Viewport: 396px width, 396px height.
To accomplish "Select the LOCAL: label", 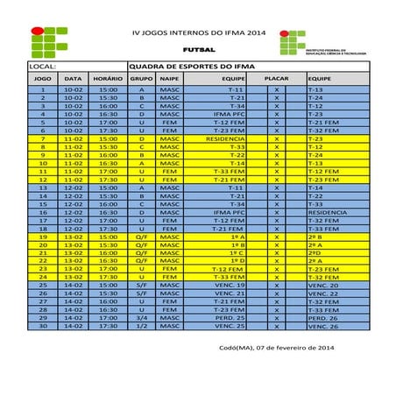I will pos(43,66).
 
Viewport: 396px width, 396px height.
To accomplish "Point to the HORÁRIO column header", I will pos(108,78).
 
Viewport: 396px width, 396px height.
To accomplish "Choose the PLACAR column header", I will pos(277,78).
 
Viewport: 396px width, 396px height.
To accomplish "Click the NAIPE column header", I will pos(168,78).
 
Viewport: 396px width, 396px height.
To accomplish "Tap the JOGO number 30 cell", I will pos(43,325).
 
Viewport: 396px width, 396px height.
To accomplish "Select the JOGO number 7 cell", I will pos(43,138).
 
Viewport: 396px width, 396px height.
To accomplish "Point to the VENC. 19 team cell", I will pos(230,285).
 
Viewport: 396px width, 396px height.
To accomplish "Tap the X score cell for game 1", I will pos(277,89).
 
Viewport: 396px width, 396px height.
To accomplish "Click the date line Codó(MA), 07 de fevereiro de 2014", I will pos(286,349).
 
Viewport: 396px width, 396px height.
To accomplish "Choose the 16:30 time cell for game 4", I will pos(108,114).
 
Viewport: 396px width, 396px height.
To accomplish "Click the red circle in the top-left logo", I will pos(38,31).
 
